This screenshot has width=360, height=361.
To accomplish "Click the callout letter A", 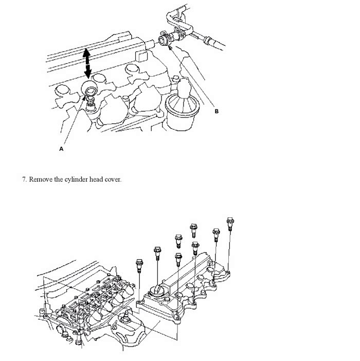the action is coord(61,149).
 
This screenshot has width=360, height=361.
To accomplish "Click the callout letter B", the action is coord(217,111).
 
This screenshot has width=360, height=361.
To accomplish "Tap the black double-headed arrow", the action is coord(87,63).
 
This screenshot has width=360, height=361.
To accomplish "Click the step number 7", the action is coord(24,179).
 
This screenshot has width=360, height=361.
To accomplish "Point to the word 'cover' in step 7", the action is coord(112,180).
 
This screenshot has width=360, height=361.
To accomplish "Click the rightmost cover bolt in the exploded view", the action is coord(230,224).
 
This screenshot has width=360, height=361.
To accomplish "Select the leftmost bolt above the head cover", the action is coord(139,266).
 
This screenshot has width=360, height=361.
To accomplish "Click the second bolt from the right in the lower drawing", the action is coord(216,235).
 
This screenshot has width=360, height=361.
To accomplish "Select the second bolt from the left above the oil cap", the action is coord(157,253).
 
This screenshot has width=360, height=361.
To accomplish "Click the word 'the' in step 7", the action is coord(59,179).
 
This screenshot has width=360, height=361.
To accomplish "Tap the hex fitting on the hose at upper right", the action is coord(208,40).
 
